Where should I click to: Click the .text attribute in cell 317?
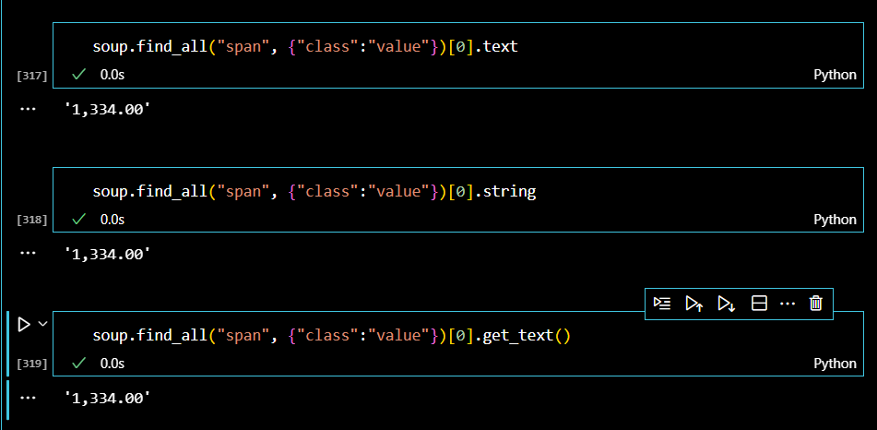pyautogui.click(x=502, y=45)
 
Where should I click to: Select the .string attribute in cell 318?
pyautogui.click(x=510, y=191)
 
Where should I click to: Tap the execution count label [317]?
pyautogui.click(x=32, y=75)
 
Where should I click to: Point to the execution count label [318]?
pyautogui.click(x=32, y=221)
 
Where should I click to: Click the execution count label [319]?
pyautogui.click(x=32, y=364)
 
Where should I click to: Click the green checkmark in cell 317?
pyautogui.click(x=79, y=73)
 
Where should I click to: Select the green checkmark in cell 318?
pyautogui.click(x=79, y=219)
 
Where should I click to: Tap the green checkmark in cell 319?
pyautogui.click(x=79, y=364)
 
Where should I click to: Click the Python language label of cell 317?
pyautogui.click(x=835, y=74)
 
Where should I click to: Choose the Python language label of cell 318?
pyautogui.click(x=835, y=220)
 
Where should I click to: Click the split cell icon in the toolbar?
pyautogui.click(x=759, y=304)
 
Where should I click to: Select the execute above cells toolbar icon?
pyautogui.click(x=694, y=304)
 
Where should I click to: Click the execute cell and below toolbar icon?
pyautogui.click(x=727, y=304)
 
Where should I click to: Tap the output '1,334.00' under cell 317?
pyautogui.click(x=107, y=109)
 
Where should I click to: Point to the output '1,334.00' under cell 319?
pyautogui.click(x=107, y=398)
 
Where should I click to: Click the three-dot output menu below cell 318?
pyautogui.click(x=27, y=252)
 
